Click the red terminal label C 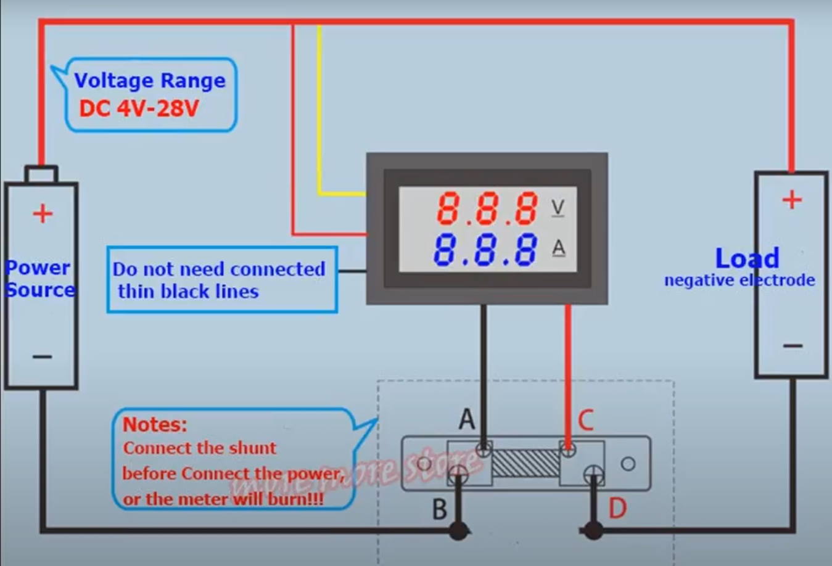[x=585, y=420]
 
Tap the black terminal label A [x=467, y=419]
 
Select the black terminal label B [x=439, y=509]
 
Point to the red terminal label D [x=617, y=509]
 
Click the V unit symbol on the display [x=558, y=207]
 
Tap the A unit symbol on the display [x=558, y=248]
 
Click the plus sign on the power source [x=43, y=214]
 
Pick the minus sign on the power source [x=42, y=356]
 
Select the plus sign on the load [x=792, y=200]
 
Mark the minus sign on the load [x=793, y=345]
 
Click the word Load [x=747, y=258]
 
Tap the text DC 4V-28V [x=139, y=109]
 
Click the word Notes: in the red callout [x=154, y=424]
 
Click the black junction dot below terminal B [x=458, y=530]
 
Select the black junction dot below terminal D [x=593, y=530]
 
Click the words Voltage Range [x=150, y=80]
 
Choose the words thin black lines [x=188, y=291]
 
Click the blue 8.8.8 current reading [x=485, y=250]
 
